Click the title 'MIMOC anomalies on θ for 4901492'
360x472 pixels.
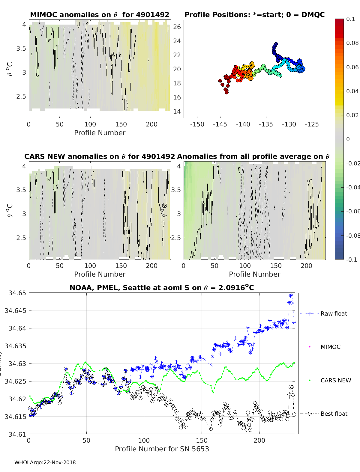tap(100, 15)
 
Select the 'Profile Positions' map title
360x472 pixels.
tap(254, 15)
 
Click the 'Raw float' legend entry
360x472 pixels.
tap(334, 313)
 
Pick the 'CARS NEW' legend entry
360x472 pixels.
tap(335, 380)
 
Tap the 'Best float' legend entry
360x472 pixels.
tap(334, 414)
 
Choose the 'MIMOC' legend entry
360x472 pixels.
tap(330, 347)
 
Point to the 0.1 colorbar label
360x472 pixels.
tap(350, 19)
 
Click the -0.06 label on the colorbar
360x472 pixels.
tap(352, 211)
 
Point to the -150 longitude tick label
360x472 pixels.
tap(197, 124)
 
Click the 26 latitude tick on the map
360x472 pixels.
tap(177, 27)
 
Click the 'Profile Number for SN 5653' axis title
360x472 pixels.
tap(162, 449)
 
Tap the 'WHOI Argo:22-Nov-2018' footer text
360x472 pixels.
tap(45, 462)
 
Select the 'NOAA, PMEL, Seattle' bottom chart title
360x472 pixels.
tap(162, 288)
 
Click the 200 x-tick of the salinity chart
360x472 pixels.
tap(259, 441)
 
